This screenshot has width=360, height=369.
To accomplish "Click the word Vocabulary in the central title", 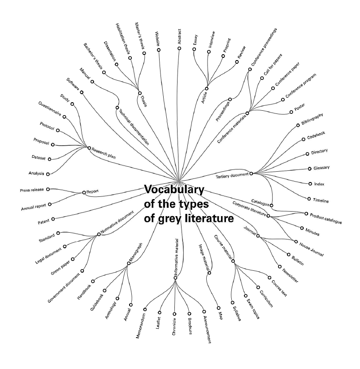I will [174, 189].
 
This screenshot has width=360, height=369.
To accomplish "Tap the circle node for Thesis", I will [140, 93].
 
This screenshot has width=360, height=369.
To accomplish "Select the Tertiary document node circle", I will [251, 173].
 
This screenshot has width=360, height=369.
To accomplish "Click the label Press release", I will [32, 190].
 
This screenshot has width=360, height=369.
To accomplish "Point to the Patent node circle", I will [53, 219].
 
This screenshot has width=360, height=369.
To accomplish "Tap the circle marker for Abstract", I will [179, 48].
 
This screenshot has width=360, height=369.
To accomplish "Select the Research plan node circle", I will [89, 148].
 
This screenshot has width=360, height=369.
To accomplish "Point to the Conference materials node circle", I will [247, 113].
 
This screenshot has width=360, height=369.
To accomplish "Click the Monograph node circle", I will [129, 263].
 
